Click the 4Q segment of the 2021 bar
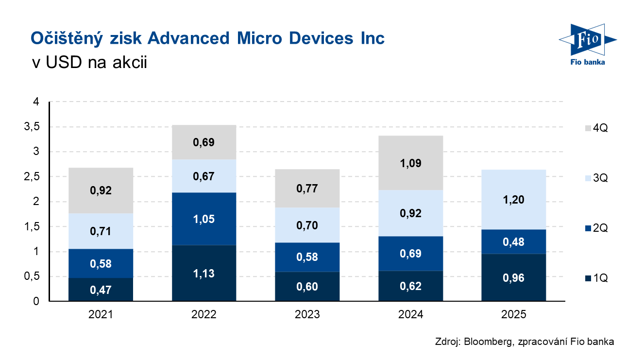[x=101, y=190]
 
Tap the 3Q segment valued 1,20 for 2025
[x=514, y=199]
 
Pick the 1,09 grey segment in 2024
[x=410, y=163]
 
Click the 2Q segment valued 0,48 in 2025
[x=514, y=241]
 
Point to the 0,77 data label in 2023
[x=307, y=189]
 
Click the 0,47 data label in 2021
[x=101, y=290]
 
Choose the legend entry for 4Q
[x=596, y=128]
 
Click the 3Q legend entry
[x=596, y=178]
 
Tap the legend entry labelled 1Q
[x=596, y=278]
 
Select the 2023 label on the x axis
[x=307, y=315]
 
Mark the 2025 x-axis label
[x=514, y=315]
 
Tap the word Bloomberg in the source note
[x=486, y=342]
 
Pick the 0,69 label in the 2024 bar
[x=410, y=254]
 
